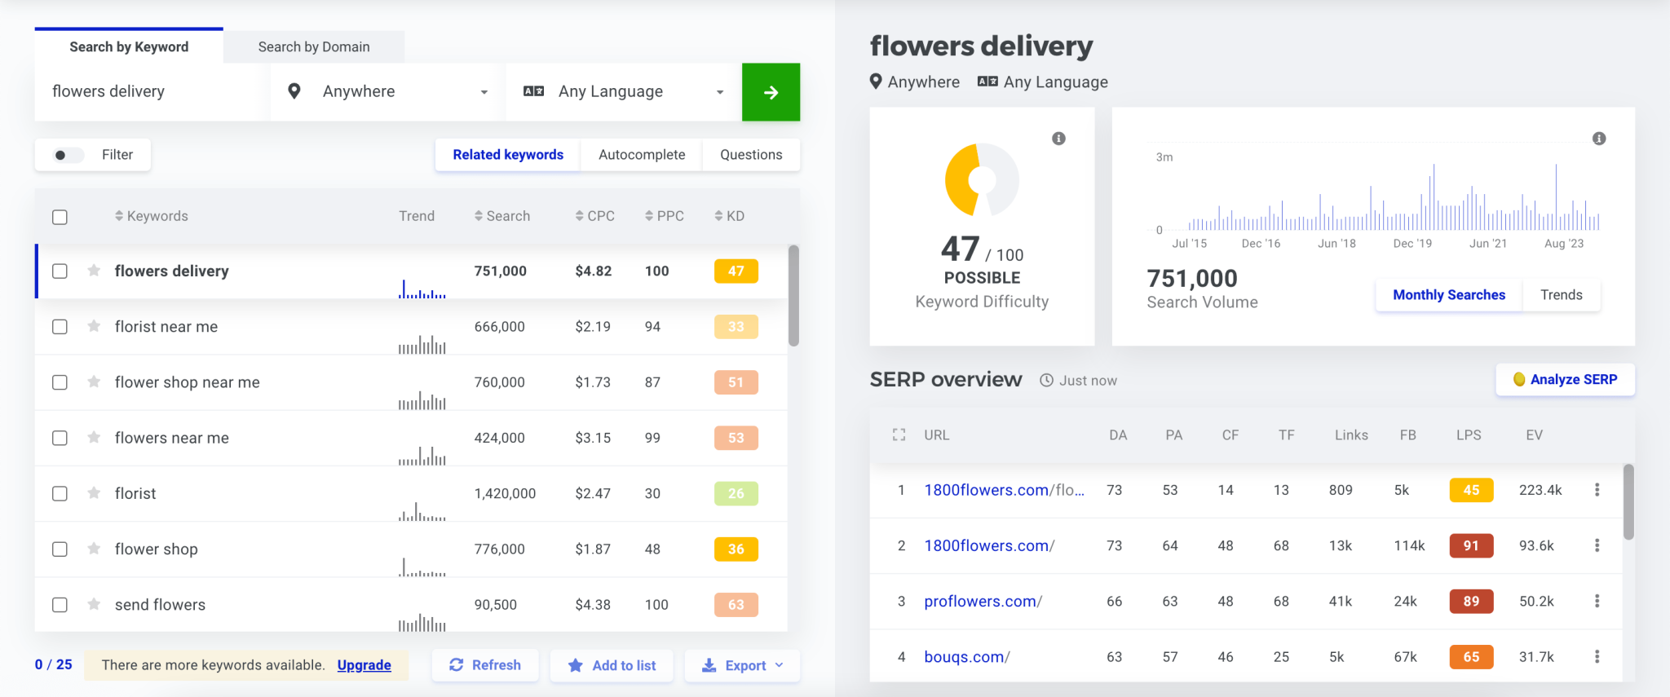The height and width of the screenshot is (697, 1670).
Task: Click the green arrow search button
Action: [771, 92]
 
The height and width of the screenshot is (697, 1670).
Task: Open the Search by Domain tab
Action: [314, 47]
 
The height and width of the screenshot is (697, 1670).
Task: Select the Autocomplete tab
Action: [642, 155]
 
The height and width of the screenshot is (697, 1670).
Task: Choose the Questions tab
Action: [751, 155]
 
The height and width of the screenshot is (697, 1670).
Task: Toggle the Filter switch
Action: [68, 155]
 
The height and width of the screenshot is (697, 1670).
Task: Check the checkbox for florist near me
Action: [60, 327]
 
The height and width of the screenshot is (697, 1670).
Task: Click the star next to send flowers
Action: [94, 604]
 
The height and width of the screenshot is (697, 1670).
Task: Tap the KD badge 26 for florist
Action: [736, 493]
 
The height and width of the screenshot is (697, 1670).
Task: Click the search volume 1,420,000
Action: [505, 493]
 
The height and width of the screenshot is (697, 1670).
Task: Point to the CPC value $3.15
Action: [593, 438]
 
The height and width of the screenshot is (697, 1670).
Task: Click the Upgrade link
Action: [364, 665]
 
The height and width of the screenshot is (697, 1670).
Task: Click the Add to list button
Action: [612, 665]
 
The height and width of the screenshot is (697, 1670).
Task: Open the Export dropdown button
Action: [742, 665]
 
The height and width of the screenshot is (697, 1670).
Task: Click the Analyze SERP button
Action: [1565, 380]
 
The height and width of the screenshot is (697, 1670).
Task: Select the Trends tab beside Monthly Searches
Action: [1561, 295]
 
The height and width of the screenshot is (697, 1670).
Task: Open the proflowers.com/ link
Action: [983, 602]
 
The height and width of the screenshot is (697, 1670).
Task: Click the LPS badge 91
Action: [1471, 545]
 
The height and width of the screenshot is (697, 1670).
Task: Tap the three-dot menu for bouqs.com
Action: [1597, 657]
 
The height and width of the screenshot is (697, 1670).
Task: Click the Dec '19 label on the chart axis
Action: [1412, 244]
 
